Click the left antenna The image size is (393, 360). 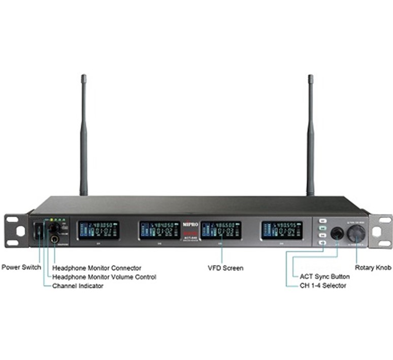84,137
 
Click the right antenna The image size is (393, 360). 310,137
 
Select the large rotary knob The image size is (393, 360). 356,233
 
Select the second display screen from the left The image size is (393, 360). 159,230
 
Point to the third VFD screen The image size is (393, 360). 221,230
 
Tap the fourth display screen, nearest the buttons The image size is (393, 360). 282,230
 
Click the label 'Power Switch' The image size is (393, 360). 21,267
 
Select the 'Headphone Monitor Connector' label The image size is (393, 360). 97,268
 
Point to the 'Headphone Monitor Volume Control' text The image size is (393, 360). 104,277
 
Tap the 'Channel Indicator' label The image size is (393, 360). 78,286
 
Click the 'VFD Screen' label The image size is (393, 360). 225,268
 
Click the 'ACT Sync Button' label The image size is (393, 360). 324,277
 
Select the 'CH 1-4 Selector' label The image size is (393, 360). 323,286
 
